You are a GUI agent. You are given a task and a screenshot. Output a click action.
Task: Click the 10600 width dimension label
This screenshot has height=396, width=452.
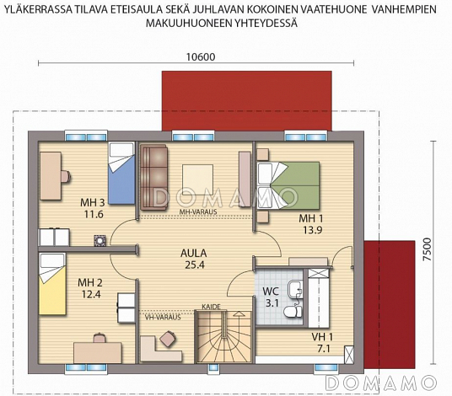[201, 57]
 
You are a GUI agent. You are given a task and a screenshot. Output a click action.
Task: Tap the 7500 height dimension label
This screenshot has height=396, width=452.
[428, 249]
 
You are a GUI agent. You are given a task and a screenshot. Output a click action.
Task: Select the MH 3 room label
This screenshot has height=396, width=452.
[92, 203]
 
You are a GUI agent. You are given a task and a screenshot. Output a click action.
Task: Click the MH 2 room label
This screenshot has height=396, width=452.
[90, 283]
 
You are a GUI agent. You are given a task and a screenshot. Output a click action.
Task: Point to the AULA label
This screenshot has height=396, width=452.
[194, 254]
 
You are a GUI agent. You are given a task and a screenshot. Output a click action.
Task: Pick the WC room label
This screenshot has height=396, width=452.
[271, 292]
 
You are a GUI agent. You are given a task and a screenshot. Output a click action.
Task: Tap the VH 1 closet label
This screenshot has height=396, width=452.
[322, 337]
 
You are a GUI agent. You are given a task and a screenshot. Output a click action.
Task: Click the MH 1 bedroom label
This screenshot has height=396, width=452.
[311, 218]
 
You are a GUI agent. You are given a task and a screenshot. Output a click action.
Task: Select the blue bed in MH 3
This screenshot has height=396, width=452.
[121, 174]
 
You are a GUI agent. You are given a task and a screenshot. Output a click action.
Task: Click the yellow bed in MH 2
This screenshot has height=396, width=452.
[52, 284]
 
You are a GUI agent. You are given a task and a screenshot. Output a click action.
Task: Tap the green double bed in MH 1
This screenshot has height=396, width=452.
[288, 185]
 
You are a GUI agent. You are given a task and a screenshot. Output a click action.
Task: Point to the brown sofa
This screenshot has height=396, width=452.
[154, 177]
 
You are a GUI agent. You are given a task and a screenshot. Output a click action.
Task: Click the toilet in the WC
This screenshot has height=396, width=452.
[293, 312]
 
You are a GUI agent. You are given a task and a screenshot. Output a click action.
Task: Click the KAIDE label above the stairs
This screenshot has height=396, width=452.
[211, 307]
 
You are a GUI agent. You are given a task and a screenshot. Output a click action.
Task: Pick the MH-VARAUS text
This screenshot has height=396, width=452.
[198, 212]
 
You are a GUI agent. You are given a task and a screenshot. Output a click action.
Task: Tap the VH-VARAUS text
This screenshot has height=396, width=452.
[163, 318]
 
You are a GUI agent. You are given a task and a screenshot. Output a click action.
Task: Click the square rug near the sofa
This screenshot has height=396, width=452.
[197, 179]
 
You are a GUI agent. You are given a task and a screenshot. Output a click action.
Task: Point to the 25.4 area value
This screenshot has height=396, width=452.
[195, 265]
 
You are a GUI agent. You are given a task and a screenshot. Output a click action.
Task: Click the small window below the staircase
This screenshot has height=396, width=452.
[213, 367]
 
